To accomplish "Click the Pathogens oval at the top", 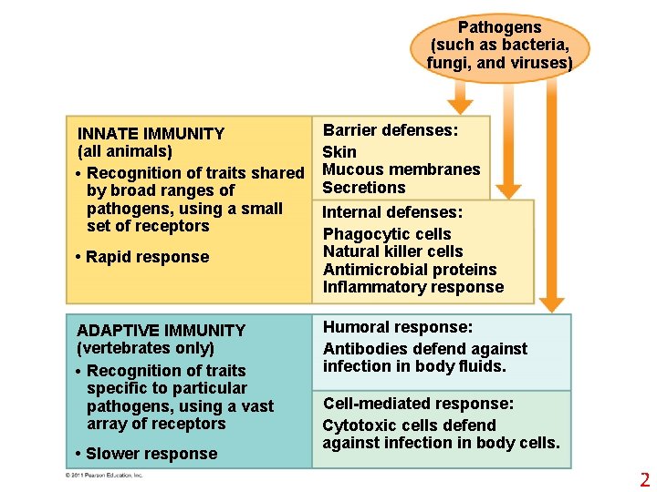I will click(499, 46).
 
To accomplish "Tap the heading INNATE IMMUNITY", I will click(151, 133).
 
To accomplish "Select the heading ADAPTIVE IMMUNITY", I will click(161, 330).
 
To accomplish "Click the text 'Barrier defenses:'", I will click(391, 130).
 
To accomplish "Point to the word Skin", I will click(339, 151).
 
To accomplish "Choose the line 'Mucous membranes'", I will click(401, 169).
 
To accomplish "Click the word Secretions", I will click(364, 188).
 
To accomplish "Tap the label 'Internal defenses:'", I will click(392, 212).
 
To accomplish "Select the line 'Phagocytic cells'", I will click(387, 234).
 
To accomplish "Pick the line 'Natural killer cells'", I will click(393, 251).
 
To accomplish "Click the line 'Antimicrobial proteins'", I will click(410, 270).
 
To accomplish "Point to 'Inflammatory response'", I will click(413, 287).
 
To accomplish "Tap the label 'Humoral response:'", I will click(398, 327).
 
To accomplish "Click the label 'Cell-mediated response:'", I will click(419, 404).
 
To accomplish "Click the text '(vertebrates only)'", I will click(146, 348).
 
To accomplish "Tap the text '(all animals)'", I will click(125, 151).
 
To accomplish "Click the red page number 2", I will click(644, 480).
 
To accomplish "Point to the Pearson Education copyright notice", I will click(104, 475).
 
